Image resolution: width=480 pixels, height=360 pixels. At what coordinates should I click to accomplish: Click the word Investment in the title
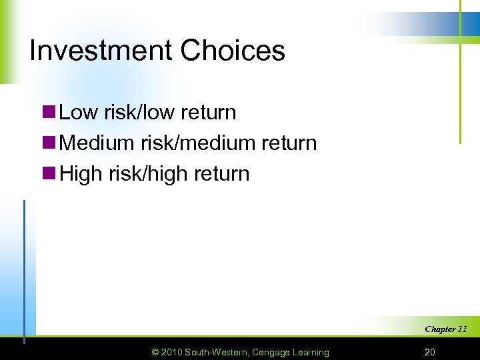click(x=101, y=51)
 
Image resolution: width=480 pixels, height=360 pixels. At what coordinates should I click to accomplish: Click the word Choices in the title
click(x=233, y=51)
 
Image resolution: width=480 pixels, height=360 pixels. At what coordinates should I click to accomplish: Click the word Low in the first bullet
click(x=79, y=112)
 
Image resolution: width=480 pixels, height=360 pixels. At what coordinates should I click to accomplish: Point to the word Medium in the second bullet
click(x=99, y=143)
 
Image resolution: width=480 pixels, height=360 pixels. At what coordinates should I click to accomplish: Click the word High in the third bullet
click(x=81, y=174)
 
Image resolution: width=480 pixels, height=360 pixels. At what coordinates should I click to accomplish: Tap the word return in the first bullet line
click(x=207, y=112)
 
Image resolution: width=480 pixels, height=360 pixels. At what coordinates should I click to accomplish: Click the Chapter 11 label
click(x=445, y=329)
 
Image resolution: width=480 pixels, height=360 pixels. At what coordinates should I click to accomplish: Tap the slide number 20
click(x=429, y=352)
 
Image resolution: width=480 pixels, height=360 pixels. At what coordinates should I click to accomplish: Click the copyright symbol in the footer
click(x=155, y=352)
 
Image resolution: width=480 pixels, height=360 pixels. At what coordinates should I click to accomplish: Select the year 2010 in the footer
click(x=173, y=352)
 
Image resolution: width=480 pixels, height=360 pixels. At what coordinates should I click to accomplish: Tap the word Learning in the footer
click(x=311, y=352)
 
